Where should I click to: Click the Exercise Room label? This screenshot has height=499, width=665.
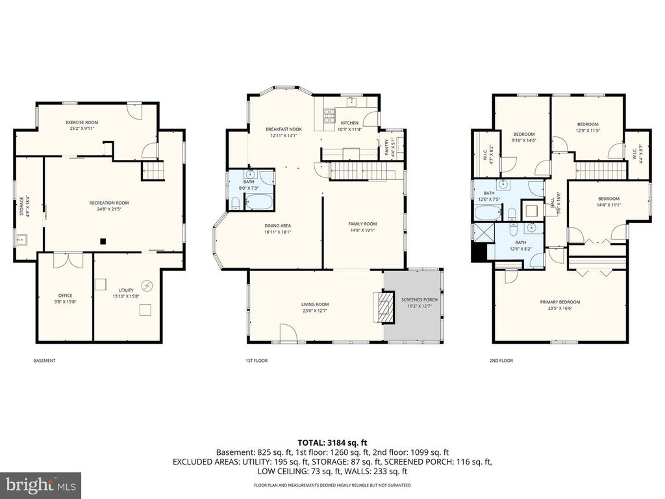[82, 122]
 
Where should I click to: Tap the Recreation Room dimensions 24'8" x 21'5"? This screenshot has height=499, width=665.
[109, 210]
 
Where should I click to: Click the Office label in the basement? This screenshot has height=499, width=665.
[65, 296]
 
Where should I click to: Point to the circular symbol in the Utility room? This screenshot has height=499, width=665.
[147, 285]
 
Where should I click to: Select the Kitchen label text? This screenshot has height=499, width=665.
[349, 123]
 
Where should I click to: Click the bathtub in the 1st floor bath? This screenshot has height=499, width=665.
[260, 201]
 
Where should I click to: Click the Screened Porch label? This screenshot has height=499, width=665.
[419, 300]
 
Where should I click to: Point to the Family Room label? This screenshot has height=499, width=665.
[362, 224]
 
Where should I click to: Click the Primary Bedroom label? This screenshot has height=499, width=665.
[560, 301]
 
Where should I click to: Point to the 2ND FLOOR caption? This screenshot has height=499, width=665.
[502, 360]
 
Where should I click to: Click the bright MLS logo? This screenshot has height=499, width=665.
[40, 484]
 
